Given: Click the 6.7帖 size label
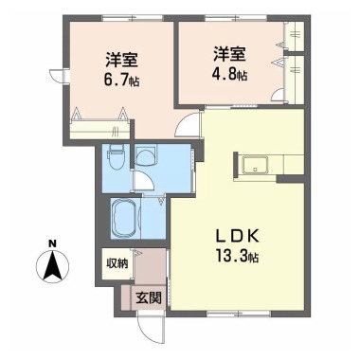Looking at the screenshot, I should click(x=120, y=79).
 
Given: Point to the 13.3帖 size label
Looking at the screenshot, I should click(x=238, y=255).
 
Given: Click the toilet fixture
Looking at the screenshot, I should click(x=115, y=153).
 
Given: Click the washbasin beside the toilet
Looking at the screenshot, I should click(x=146, y=155).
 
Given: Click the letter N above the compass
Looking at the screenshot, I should click(x=54, y=243).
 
